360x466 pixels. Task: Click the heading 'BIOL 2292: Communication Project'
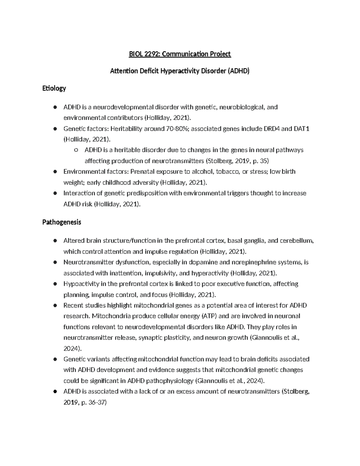tap(180, 54)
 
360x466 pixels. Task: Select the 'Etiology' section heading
tap(54, 88)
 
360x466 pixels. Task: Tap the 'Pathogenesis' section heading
tap(62, 222)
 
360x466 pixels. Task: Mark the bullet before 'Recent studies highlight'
tap(55, 305)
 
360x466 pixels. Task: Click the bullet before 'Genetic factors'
tap(55, 129)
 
